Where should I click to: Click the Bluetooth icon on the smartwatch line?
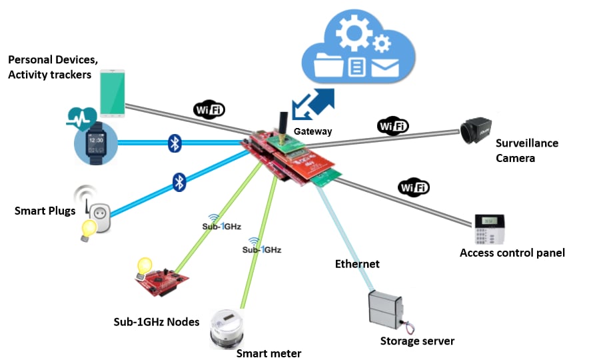[175, 142]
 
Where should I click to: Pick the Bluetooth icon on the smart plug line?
[179, 182]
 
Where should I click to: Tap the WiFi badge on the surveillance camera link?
[392, 125]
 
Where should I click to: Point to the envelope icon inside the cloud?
[385, 67]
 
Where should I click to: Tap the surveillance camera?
[476, 131]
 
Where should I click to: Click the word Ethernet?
[356, 264]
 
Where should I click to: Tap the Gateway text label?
[312, 131]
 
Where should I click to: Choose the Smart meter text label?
[269, 353]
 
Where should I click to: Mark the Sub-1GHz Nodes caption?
[156, 322]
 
